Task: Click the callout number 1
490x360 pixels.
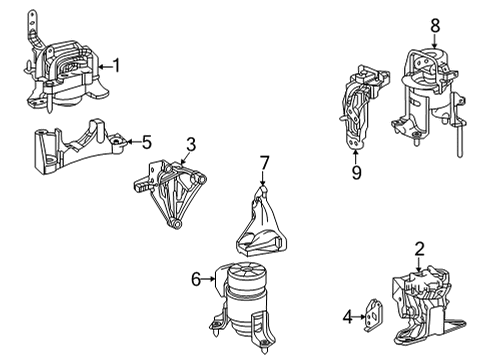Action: pyautogui.click(x=116, y=65)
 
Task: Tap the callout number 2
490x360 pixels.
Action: pyautogui.click(x=419, y=249)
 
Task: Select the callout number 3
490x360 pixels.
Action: pyautogui.click(x=191, y=145)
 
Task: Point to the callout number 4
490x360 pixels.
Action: pyautogui.click(x=348, y=316)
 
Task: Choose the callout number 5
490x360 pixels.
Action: pyautogui.click(x=147, y=142)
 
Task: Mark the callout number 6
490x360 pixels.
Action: pyautogui.click(x=196, y=279)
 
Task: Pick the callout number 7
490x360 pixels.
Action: pyautogui.click(x=264, y=163)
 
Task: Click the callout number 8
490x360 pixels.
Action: pyautogui.click(x=435, y=26)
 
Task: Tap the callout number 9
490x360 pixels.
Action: pyautogui.click(x=356, y=172)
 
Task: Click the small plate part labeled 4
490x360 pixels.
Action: pyautogui.click(x=373, y=315)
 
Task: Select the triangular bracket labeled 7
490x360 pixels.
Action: pyautogui.click(x=262, y=222)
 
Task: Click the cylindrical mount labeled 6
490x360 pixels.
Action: pyautogui.click(x=242, y=305)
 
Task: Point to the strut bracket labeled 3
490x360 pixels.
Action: pyautogui.click(x=170, y=193)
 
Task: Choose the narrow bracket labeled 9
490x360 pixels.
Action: pyautogui.click(x=362, y=107)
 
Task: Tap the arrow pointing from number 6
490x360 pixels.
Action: pyautogui.click(x=209, y=279)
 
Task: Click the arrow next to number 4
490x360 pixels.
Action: pyautogui.click(x=360, y=317)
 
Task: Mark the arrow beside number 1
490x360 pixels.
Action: pyautogui.click(x=106, y=67)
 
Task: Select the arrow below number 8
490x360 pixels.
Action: pyautogui.click(x=434, y=41)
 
